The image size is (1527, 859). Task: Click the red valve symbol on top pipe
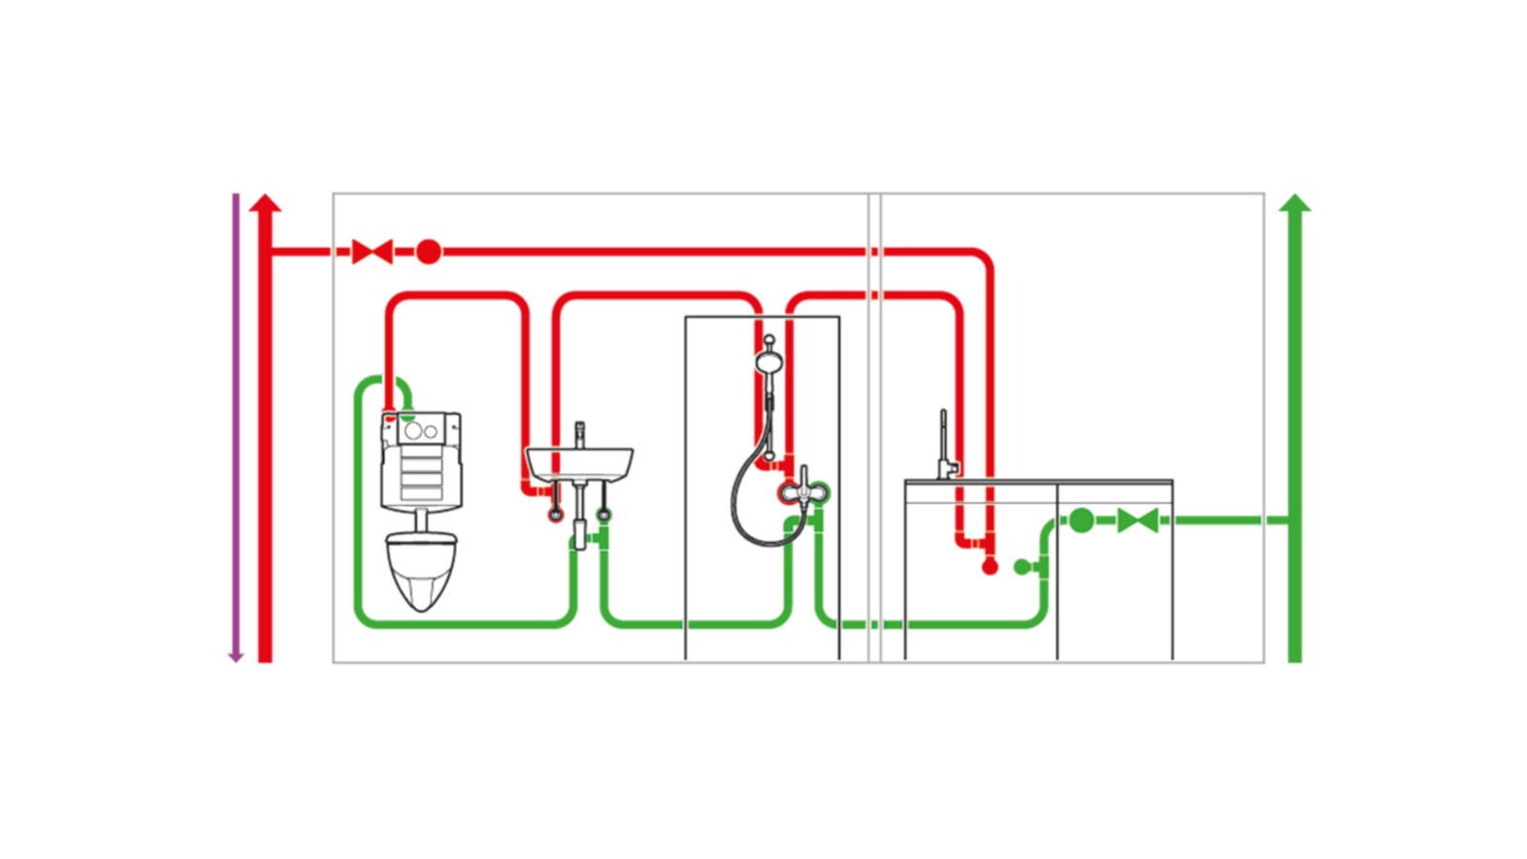(372, 252)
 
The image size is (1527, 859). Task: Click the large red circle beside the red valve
(429, 252)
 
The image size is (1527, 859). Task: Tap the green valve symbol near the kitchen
(1138, 520)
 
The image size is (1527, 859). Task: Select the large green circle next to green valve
(1081, 520)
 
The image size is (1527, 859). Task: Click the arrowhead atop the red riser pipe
(265, 202)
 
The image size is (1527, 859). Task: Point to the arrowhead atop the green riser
(1295, 202)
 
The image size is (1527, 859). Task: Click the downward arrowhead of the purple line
(236, 657)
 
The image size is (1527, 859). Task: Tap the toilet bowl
(421, 570)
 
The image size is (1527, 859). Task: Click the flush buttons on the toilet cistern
(421, 431)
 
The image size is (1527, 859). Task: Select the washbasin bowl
(579, 465)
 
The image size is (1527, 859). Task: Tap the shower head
(768, 362)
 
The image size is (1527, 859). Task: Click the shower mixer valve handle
(803, 491)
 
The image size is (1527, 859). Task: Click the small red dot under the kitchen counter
(990, 567)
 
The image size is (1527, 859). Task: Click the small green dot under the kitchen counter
(1021, 567)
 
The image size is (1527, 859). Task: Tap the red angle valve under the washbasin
(555, 514)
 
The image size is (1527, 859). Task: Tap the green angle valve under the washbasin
(603, 514)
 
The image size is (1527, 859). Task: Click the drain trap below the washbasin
(579, 530)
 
